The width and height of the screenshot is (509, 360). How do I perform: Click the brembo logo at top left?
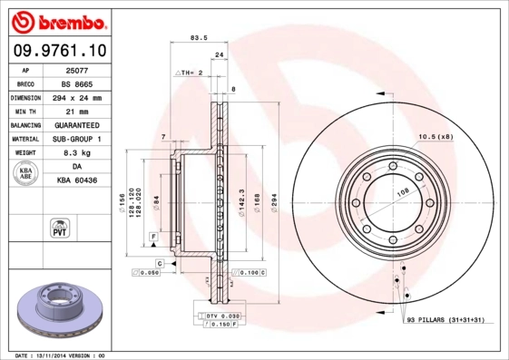56,21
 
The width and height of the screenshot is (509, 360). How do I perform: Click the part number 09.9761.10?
56,52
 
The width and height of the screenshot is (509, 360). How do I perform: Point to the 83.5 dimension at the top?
193,38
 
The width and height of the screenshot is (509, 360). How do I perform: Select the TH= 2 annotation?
188,71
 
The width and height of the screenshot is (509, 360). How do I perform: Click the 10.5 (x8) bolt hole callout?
435,137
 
